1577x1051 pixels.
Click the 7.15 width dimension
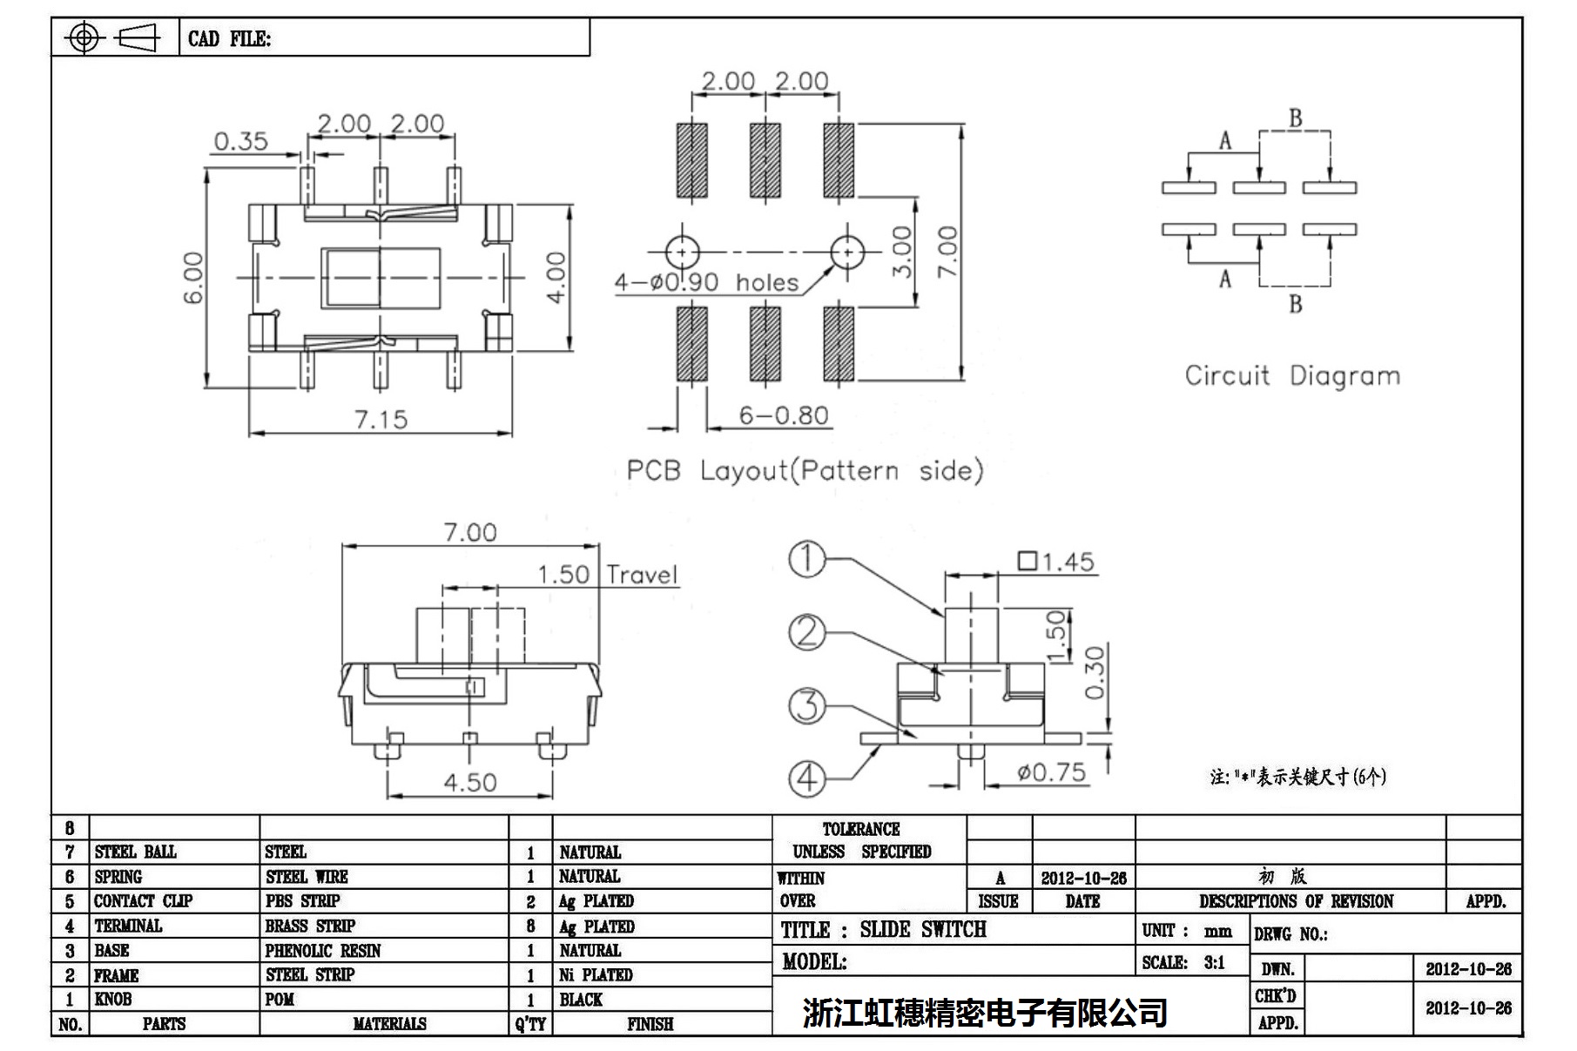[381, 420]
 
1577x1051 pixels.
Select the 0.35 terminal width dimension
[240, 141]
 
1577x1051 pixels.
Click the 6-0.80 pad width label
[783, 415]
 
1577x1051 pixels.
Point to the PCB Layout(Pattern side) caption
[805, 471]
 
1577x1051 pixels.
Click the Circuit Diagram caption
[1292, 376]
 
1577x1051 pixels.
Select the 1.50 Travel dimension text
[607, 575]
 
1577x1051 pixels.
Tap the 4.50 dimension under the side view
[469, 782]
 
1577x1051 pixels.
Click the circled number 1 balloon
[806, 559]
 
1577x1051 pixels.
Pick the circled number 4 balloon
[806, 777]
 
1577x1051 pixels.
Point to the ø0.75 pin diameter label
[1051, 772]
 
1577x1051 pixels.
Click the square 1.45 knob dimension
[1055, 562]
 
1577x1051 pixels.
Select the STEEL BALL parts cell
[136, 852]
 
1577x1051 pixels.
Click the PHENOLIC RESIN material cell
[323, 951]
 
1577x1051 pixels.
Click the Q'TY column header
[530, 1024]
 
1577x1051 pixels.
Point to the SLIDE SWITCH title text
[923, 930]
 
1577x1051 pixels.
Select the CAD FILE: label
[229, 39]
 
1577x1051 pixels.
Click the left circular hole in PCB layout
[682, 253]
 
